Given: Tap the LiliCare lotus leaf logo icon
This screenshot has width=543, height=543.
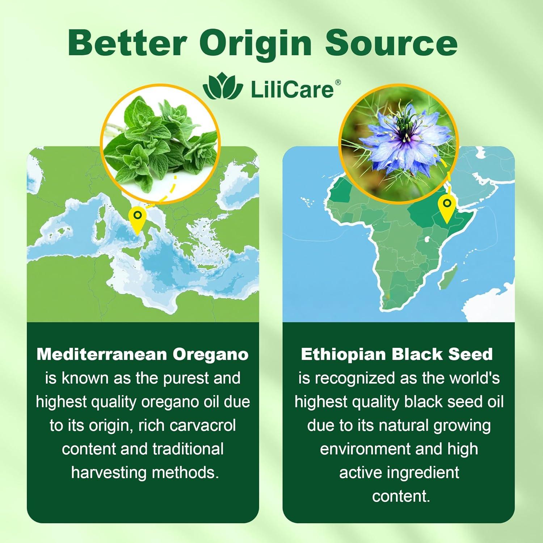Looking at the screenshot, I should click(x=223, y=88).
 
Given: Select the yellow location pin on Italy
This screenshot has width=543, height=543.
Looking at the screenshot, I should click(x=137, y=219).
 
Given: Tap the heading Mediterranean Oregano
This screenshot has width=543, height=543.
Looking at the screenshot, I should click(x=143, y=354).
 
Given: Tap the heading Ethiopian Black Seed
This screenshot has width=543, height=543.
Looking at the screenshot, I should click(x=397, y=354).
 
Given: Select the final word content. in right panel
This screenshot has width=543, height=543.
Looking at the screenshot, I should click(x=401, y=496).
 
